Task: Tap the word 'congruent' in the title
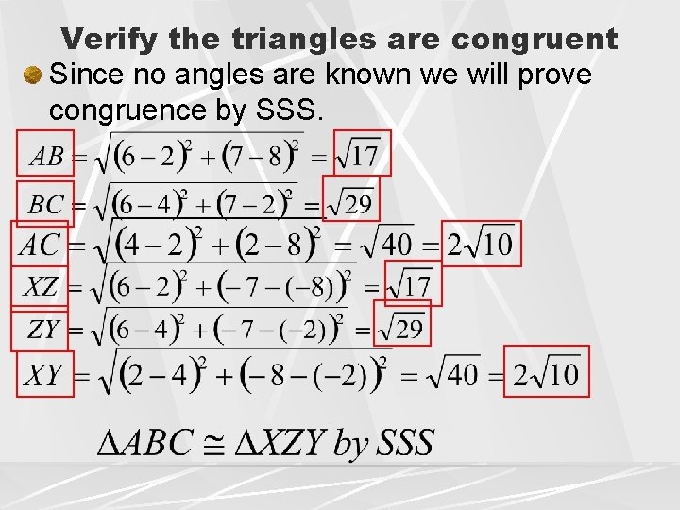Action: coord(535,40)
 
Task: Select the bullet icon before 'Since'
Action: coord(34,73)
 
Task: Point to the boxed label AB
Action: coord(46,153)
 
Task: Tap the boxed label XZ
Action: coord(40,287)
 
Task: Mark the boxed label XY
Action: coord(42,375)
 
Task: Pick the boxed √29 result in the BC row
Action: coord(350,202)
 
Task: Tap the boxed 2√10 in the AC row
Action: coord(480,244)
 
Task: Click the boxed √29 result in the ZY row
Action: coord(401,328)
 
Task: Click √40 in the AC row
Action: coord(388,245)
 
